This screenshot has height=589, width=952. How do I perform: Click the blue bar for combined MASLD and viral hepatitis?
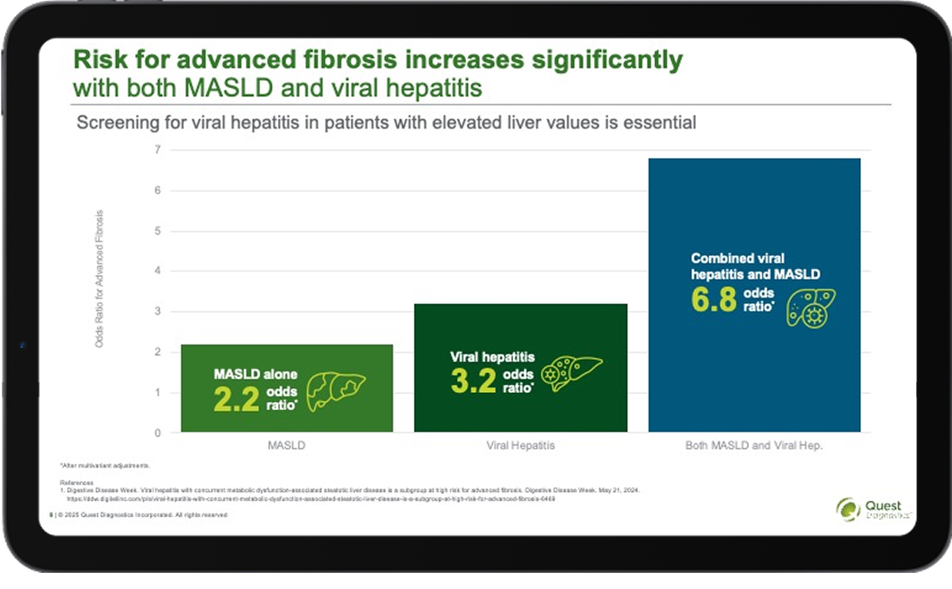(x=754, y=207)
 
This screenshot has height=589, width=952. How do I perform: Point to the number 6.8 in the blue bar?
(x=713, y=299)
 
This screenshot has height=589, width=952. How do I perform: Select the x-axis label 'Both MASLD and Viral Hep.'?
(x=754, y=445)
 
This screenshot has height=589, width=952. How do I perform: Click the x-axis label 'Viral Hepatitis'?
(x=520, y=445)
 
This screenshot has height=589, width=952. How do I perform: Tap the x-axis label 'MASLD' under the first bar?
(x=286, y=445)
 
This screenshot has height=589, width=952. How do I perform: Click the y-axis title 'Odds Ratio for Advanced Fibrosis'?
(x=100, y=279)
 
